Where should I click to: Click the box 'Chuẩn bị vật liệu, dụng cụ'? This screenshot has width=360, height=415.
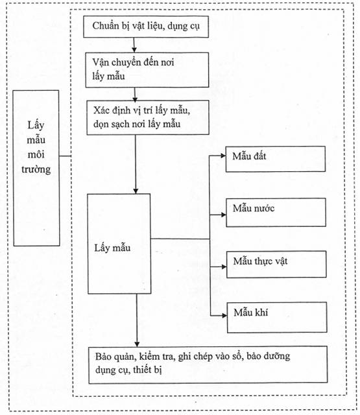[x=146, y=27]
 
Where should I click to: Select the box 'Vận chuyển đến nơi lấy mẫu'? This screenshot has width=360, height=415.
[x=147, y=70]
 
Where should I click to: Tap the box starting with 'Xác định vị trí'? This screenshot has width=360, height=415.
[x=148, y=117]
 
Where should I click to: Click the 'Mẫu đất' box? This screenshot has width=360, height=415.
[x=275, y=159]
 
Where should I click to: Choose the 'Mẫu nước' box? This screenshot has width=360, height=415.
[x=276, y=212]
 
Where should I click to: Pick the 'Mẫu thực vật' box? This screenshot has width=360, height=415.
[x=276, y=264]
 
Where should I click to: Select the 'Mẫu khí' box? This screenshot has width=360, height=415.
[x=277, y=317]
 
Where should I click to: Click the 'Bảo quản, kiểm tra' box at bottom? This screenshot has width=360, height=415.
[x=208, y=364]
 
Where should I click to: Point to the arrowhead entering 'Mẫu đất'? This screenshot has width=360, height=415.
[x=223, y=156]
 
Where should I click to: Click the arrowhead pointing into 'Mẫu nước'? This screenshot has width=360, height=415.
[x=223, y=215]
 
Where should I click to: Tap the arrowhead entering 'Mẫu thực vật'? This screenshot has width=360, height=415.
[x=224, y=267]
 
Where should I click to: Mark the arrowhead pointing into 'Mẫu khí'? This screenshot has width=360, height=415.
[x=224, y=316]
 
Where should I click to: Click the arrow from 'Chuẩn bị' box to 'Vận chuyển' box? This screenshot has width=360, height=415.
[x=134, y=45]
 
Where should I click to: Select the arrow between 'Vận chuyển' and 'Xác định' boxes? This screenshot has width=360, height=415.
[x=135, y=95]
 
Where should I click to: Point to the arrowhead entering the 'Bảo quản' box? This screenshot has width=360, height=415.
[x=137, y=344]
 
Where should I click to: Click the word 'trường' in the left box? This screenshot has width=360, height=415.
[x=36, y=169]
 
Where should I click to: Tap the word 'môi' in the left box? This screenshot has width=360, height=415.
[x=36, y=154]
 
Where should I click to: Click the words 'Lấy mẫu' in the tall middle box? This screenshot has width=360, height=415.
[x=112, y=248]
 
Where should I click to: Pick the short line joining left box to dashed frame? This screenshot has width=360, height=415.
[x=66, y=156]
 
